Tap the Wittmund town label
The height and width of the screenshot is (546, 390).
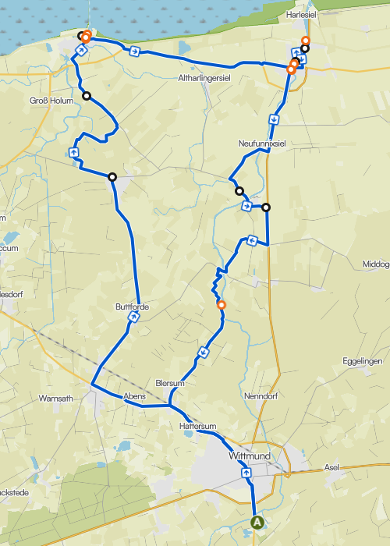[x=250, y=456]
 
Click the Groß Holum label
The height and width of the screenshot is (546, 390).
[x=50, y=101]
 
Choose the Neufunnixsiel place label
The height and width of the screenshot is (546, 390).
[x=263, y=144]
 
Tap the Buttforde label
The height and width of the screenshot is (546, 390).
[x=131, y=307]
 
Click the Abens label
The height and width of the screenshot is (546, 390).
[x=134, y=396]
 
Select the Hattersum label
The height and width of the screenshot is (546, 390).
[x=197, y=427]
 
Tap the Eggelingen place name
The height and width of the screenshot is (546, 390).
[x=362, y=362]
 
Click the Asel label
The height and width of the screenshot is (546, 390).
[x=331, y=467]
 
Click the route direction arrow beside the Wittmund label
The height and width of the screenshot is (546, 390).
[x=246, y=472]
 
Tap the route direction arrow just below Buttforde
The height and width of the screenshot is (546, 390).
[x=134, y=328]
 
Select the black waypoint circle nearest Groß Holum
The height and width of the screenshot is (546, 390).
[x=87, y=97]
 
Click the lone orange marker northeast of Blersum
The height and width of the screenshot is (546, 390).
[x=222, y=305]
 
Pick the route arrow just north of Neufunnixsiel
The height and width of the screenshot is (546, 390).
[x=275, y=119]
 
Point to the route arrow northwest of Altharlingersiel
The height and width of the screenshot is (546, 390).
[x=135, y=51]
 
